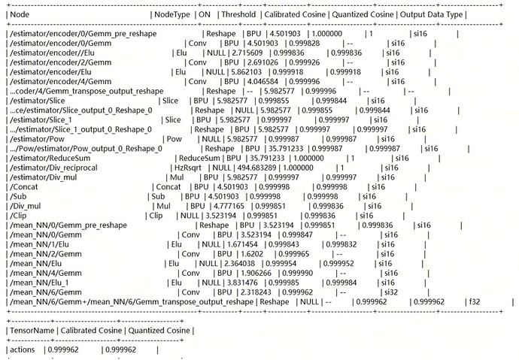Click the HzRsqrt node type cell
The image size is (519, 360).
pyautogui.click(x=185, y=168)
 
